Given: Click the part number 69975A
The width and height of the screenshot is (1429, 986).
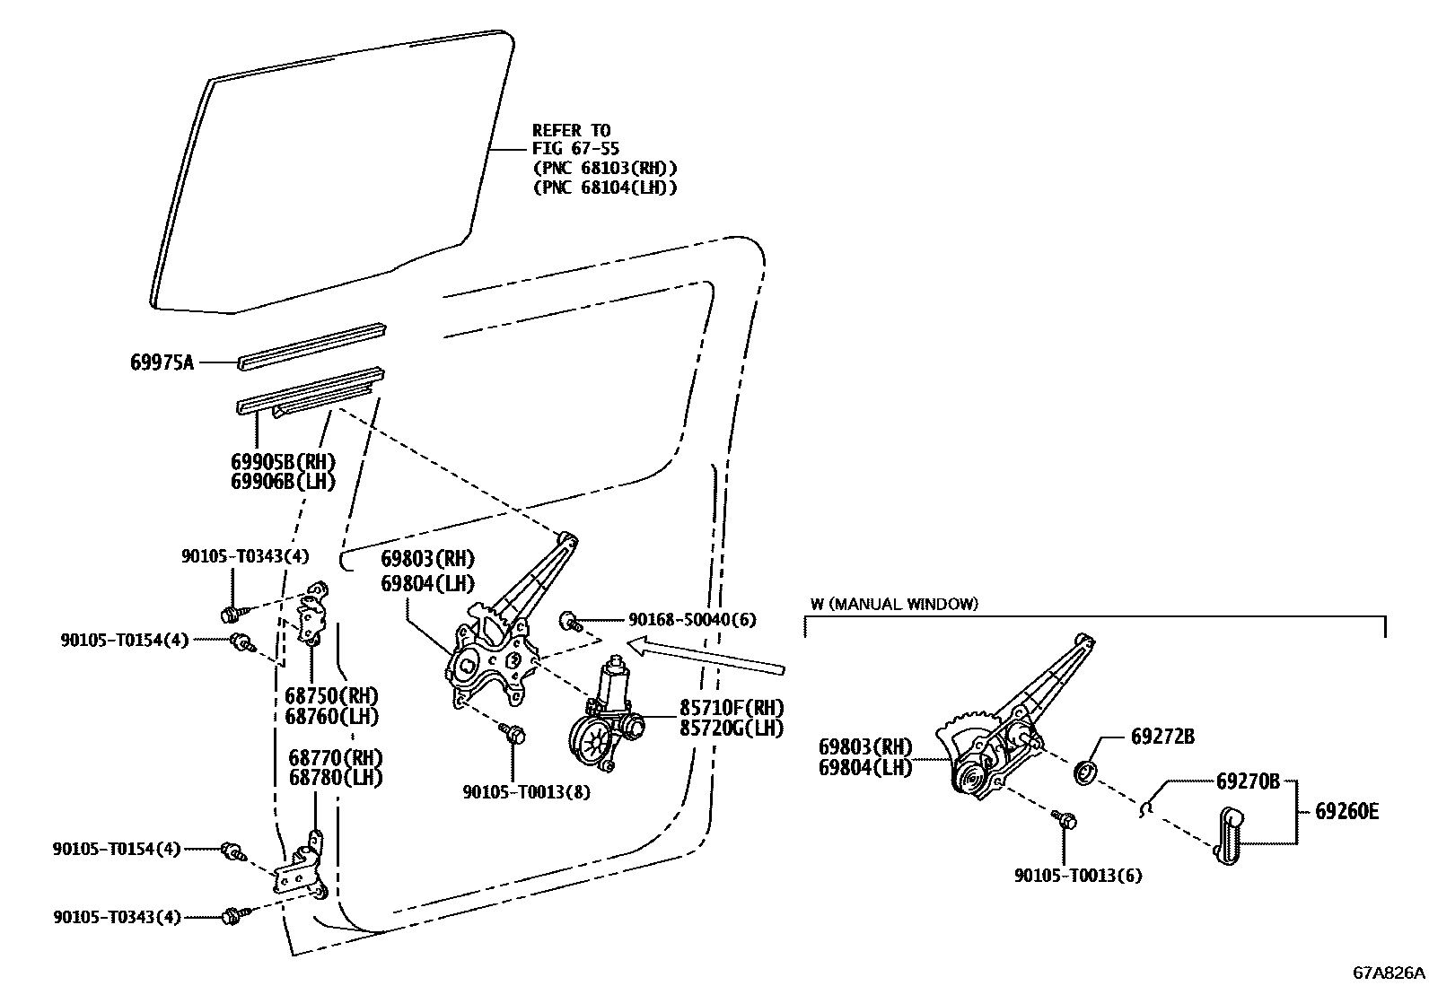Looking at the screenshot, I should [162, 362].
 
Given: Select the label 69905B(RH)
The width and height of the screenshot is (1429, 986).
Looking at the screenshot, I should [283, 462].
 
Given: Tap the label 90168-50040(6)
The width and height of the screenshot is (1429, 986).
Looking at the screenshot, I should [692, 619].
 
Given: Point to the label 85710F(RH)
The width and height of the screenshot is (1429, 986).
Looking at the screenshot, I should [731, 707].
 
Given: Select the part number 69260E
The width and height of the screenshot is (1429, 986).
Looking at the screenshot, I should [1346, 812].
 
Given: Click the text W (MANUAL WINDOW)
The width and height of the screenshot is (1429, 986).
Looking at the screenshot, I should [894, 604].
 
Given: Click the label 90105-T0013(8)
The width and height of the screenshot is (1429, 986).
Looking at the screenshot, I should [527, 792].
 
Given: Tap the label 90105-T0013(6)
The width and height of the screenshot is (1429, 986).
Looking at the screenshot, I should [1078, 876].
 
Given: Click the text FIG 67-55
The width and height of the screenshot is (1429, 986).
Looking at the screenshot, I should [575, 148].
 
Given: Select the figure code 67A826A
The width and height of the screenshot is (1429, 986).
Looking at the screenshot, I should [1389, 973].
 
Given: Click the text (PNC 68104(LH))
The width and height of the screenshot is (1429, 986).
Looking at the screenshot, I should [604, 188].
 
